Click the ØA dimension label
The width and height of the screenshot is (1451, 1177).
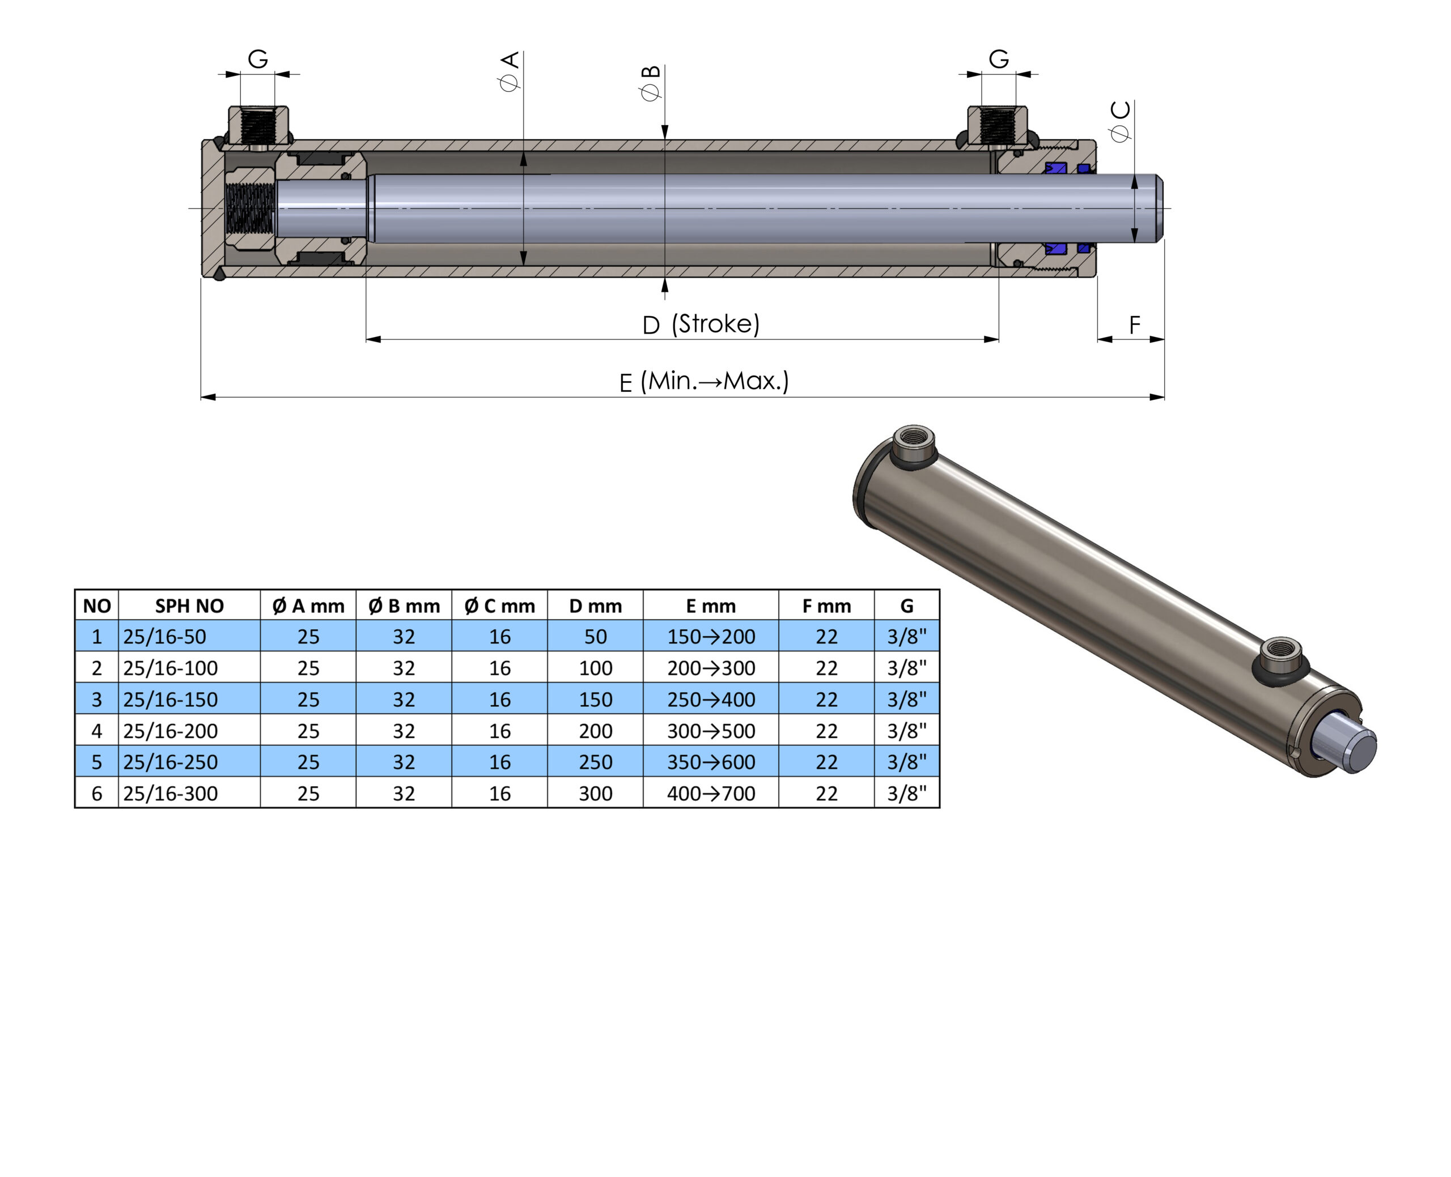pyautogui.click(x=509, y=71)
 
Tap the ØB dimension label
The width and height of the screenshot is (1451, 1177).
pyautogui.click(x=650, y=83)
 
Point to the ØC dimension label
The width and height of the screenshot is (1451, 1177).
pyautogui.click(x=1121, y=121)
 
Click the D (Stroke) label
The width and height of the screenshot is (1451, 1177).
pyautogui.click(x=701, y=324)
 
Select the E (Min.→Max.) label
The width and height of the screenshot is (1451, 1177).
pyautogui.click(x=704, y=381)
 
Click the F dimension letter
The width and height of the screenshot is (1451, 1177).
pyautogui.click(x=1134, y=326)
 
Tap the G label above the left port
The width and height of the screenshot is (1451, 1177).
pyautogui.click(x=258, y=59)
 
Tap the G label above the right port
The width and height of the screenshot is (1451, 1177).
pyautogui.click(x=999, y=59)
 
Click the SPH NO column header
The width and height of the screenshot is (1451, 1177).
pyautogui.click(x=189, y=605)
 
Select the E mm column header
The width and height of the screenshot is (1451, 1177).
pyautogui.click(x=710, y=605)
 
